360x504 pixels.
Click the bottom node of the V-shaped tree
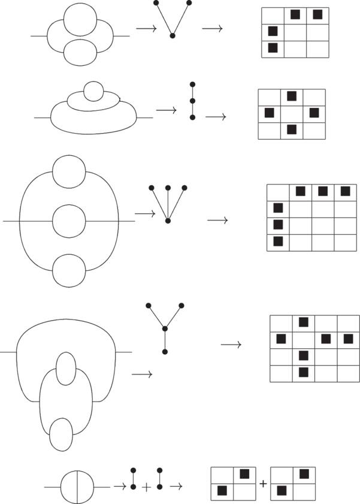[x=173, y=36]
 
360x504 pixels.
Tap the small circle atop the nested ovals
[x=93, y=92]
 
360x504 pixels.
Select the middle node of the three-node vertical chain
[x=192, y=101]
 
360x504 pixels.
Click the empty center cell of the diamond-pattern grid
[x=292, y=113]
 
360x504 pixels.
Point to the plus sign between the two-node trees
[x=146, y=487]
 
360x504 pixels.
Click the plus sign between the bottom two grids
[x=263, y=482]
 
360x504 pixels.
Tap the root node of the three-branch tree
[x=168, y=221]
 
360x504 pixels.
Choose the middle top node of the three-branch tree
[x=168, y=188]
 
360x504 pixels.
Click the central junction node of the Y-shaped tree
[x=165, y=328]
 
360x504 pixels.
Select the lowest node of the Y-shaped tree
[x=165, y=351]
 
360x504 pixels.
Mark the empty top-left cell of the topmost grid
[x=273, y=15]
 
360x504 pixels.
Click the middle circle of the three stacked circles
[x=69, y=221]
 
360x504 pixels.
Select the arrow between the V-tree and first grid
[x=212, y=28]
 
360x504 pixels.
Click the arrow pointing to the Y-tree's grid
[x=231, y=345]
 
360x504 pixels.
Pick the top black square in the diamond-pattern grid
[x=292, y=96]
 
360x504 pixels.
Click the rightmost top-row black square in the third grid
[x=344, y=192]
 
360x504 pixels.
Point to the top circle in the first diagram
[x=80, y=22]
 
